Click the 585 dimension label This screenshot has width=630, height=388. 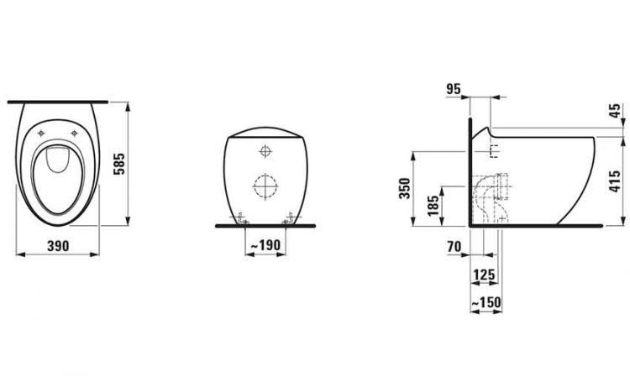click(119, 164)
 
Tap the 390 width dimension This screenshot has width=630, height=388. click(58, 245)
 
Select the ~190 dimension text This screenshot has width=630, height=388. click(265, 244)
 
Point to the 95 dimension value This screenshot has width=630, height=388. click(454, 89)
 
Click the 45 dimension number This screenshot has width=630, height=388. click(615, 111)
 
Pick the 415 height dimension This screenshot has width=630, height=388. click(615, 181)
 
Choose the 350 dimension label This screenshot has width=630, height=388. click(404, 188)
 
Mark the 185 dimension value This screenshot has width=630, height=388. click(433, 205)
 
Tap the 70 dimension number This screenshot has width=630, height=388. click(454, 247)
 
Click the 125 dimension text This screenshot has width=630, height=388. click(484, 275)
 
